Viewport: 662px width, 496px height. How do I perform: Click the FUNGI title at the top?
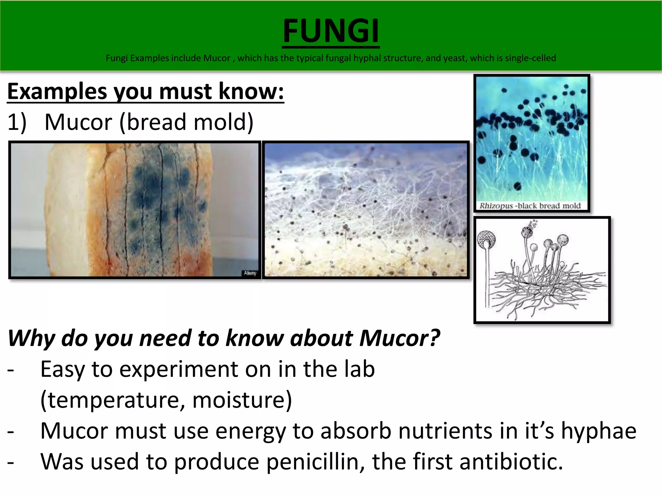[x=331, y=31]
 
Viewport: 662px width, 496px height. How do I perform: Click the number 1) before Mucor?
[x=17, y=123]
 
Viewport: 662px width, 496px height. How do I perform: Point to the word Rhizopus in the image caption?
[x=496, y=206]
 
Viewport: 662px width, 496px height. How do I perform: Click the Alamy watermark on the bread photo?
[x=250, y=273]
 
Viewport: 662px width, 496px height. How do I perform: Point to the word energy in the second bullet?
[x=250, y=431]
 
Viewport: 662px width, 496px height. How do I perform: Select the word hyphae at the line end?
[x=598, y=431]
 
